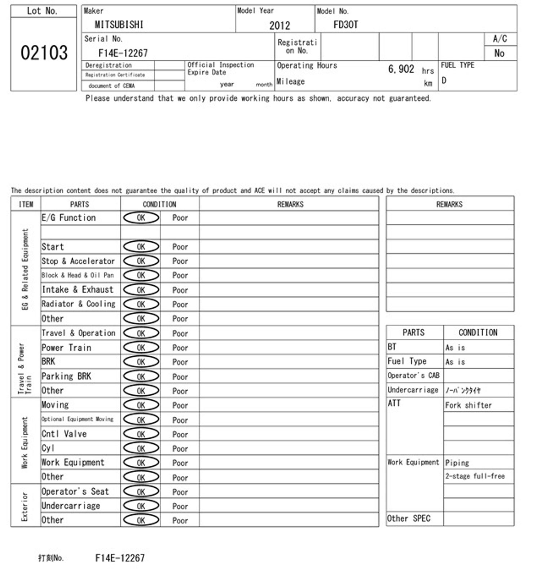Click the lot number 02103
(44, 53)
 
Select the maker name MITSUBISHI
(119, 25)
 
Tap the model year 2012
(280, 25)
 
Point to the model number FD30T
(346, 25)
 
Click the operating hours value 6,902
(401, 69)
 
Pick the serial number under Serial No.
(123, 53)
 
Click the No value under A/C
(499, 53)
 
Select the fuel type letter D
(444, 80)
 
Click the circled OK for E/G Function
(141, 218)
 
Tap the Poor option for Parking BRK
(180, 377)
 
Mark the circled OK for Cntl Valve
(141, 434)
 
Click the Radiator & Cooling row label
(78, 304)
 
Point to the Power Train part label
(66, 348)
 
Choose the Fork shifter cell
(468, 405)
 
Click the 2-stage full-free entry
(475, 476)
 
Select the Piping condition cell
(457, 462)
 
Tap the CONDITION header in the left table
(159, 204)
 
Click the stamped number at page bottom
(120, 558)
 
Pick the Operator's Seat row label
(75, 492)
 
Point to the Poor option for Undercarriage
(180, 506)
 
